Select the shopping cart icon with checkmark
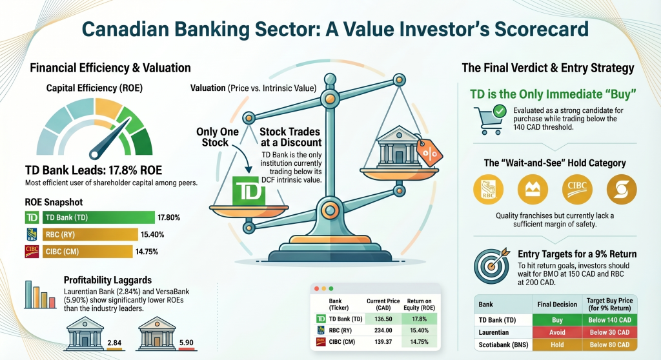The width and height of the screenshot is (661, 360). pyautogui.click(x=489, y=119)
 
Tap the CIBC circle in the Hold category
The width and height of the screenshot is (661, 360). pyautogui.click(x=577, y=188)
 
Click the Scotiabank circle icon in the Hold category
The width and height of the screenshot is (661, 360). pyautogui.click(x=621, y=188)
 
